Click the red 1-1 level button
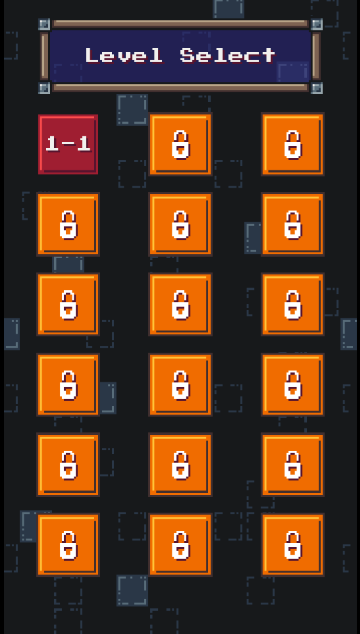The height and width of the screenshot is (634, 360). [x=68, y=144]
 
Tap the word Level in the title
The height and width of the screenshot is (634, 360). [x=124, y=55]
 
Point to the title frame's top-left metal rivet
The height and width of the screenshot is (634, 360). [x=44, y=24]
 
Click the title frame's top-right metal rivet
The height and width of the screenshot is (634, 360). [x=316, y=24]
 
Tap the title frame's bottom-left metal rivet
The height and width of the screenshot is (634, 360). [x=44, y=88]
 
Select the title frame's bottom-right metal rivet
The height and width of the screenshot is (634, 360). [x=316, y=88]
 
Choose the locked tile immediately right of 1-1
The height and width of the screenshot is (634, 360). [x=181, y=144]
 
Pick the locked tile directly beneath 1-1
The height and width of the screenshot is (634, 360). [x=68, y=224]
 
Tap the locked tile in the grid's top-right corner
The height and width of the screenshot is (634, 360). [x=293, y=144]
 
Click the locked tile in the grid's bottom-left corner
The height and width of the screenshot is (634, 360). [x=68, y=545]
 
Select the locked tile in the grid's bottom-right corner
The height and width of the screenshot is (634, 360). [x=293, y=545]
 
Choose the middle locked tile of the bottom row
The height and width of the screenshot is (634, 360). [x=181, y=545]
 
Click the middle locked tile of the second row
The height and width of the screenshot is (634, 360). [x=181, y=224]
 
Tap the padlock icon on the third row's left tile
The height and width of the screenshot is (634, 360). [x=69, y=305]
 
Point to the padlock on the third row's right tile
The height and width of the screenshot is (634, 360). [x=293, y=305]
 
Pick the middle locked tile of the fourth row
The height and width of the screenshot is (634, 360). [x=181, y=385]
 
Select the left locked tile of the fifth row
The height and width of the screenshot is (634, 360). [x=68, y=465]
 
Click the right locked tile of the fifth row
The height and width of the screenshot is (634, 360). [x=293, y=465]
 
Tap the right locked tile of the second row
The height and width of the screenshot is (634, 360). [x=293, y=224]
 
